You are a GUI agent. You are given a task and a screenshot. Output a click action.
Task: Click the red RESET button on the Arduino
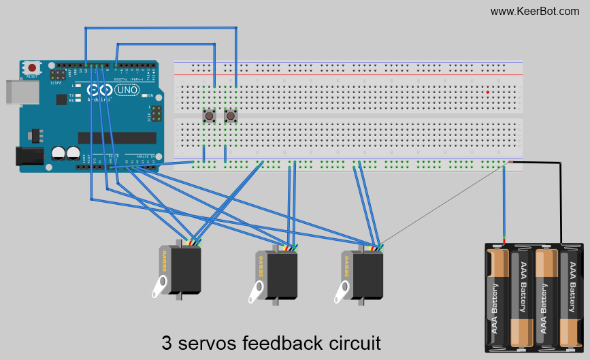[32, 67]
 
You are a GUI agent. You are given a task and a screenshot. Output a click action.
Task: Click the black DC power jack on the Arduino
[29, 156]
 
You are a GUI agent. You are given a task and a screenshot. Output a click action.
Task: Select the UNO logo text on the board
[127, 90]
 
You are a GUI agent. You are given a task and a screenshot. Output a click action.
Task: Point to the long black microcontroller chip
[116, 137]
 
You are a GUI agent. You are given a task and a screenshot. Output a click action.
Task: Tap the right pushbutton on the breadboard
[231, 116]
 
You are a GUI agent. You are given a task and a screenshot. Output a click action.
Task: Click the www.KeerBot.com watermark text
[534, 11]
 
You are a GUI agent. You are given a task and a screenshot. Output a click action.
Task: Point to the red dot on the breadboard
[488, 92]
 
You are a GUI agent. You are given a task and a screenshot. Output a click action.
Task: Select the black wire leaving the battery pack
[562, 197]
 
